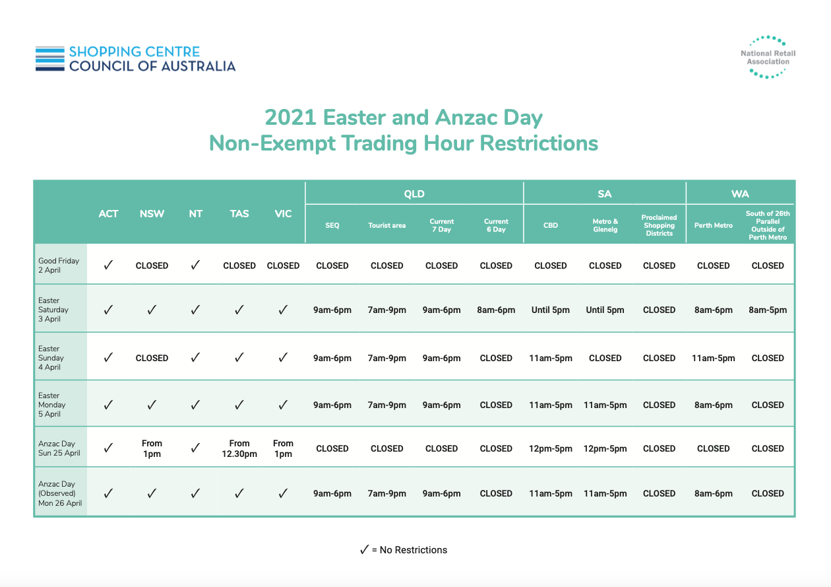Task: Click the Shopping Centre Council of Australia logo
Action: pos(135,59)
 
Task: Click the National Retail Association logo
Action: pos(768,57)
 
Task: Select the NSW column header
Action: pos(152,214)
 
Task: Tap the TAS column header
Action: pos(239,214)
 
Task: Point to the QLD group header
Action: pos(414,193)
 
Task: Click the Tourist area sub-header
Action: pos(387,225)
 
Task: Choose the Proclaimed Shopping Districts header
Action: pos(660,225)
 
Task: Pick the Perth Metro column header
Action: pos(714,225)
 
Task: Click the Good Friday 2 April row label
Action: pos(59,265)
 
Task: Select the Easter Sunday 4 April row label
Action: pos(51,358)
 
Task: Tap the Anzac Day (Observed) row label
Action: pos(60,493)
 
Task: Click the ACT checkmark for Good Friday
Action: pos(108,265)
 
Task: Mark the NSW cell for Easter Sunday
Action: pos(152,358)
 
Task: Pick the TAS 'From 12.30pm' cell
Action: pos(239,448)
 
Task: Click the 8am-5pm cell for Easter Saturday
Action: pos(768,310)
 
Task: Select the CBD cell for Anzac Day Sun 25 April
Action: pos(551,448)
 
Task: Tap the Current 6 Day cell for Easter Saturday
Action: pos(496,310)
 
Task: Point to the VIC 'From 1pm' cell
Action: pos(283,448)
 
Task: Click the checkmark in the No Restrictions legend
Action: pos(364,549)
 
